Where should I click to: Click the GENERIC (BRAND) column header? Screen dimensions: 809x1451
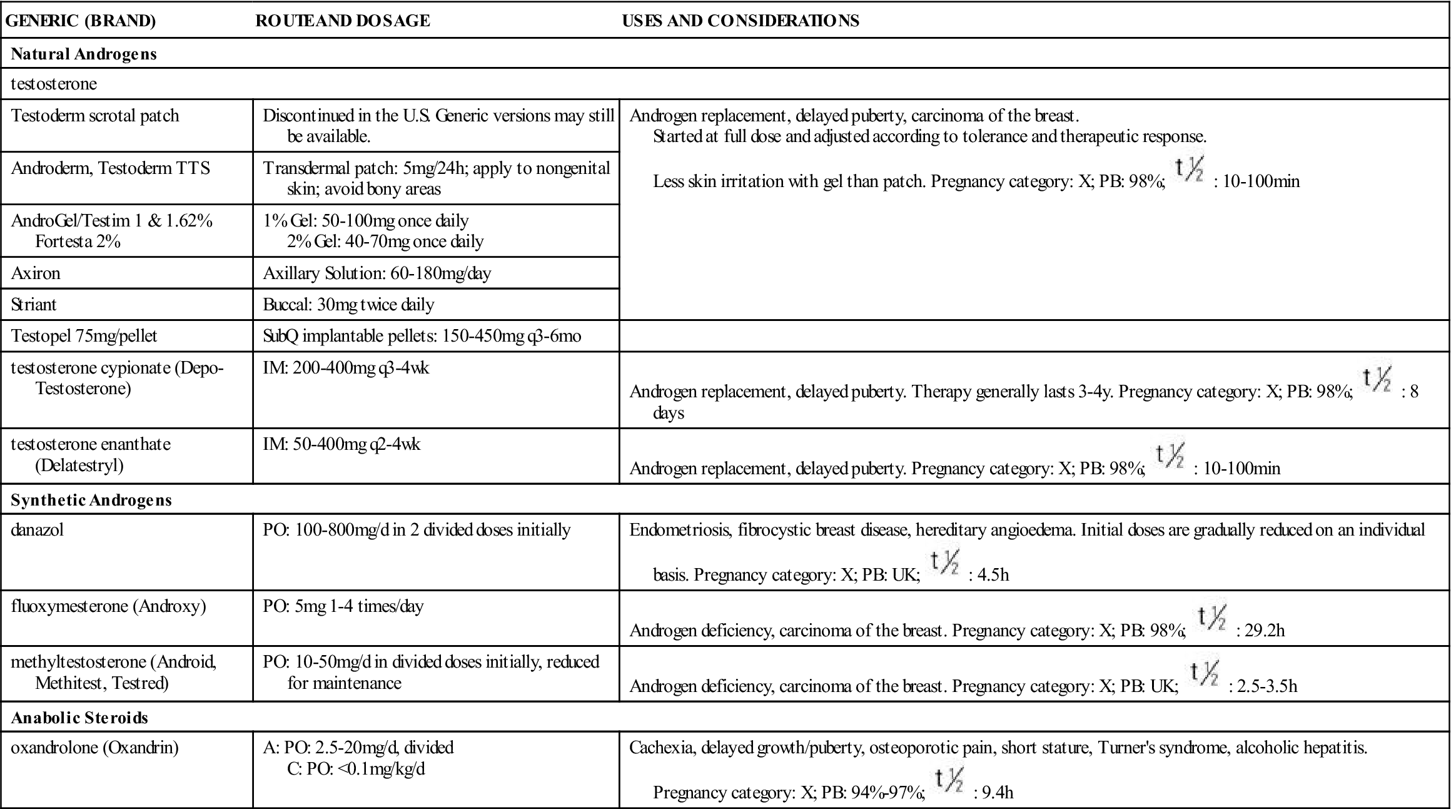click(x=81, y=21)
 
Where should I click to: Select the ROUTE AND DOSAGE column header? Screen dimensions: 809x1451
click(x=343, y=21)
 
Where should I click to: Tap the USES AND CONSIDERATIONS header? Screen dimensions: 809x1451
click(x=740, y=21)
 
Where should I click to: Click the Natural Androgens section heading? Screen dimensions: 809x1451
click(x=84, y=54)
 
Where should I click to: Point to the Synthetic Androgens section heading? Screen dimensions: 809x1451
click(x=91, y=500)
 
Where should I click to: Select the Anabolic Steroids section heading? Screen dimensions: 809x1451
click(x=79, y=717)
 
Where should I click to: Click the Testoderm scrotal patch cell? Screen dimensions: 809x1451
click(x=95, y=116)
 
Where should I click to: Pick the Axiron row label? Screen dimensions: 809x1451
click(x=36, y=273)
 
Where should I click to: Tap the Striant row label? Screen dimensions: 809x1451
click(x=34, y=305)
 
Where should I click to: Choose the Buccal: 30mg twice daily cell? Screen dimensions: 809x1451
click(x=348, y=305)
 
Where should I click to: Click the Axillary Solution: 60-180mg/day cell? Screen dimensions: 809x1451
click(x=377, y=273)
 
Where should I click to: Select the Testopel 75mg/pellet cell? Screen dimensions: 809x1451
click(x=84, y=336)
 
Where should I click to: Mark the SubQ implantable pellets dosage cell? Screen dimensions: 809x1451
click(x=422, y=336)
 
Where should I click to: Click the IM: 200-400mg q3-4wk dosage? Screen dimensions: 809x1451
click(x=346, y=368)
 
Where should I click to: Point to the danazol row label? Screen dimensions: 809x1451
click(x=38, y=530)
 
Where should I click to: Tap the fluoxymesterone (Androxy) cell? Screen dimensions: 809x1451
click(x=108, y=606)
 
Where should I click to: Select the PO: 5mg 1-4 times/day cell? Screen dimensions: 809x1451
click(x=343, y=606)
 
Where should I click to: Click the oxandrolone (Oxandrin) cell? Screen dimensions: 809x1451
click(x=94, y=748)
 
